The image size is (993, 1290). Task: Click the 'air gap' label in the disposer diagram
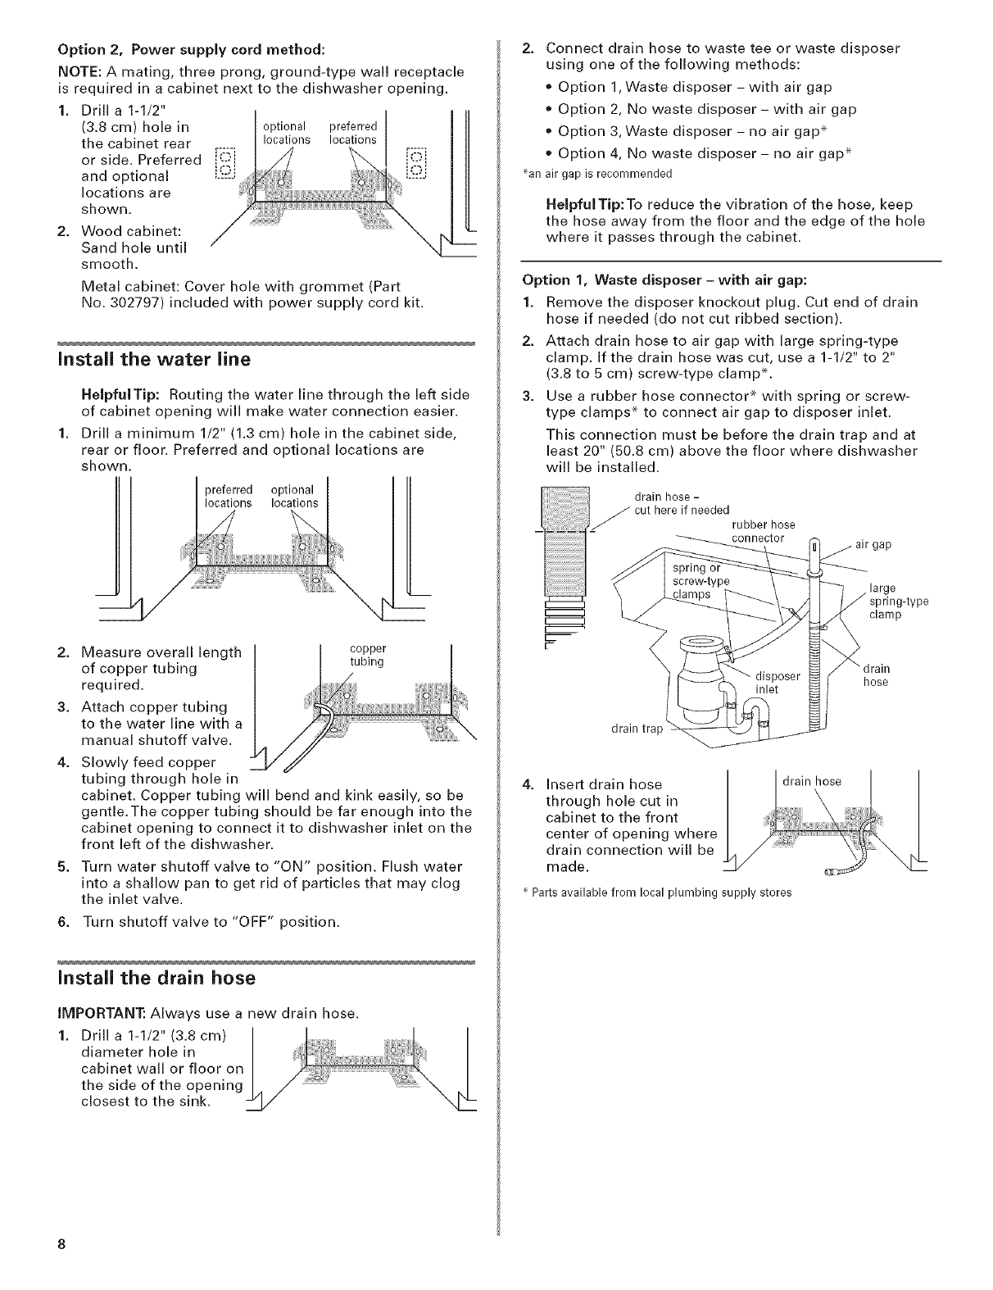point(873,544)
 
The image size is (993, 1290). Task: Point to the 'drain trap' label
point(637,729)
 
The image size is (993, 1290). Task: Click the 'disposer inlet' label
point(776,682)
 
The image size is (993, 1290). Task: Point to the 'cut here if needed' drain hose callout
point(682,510)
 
